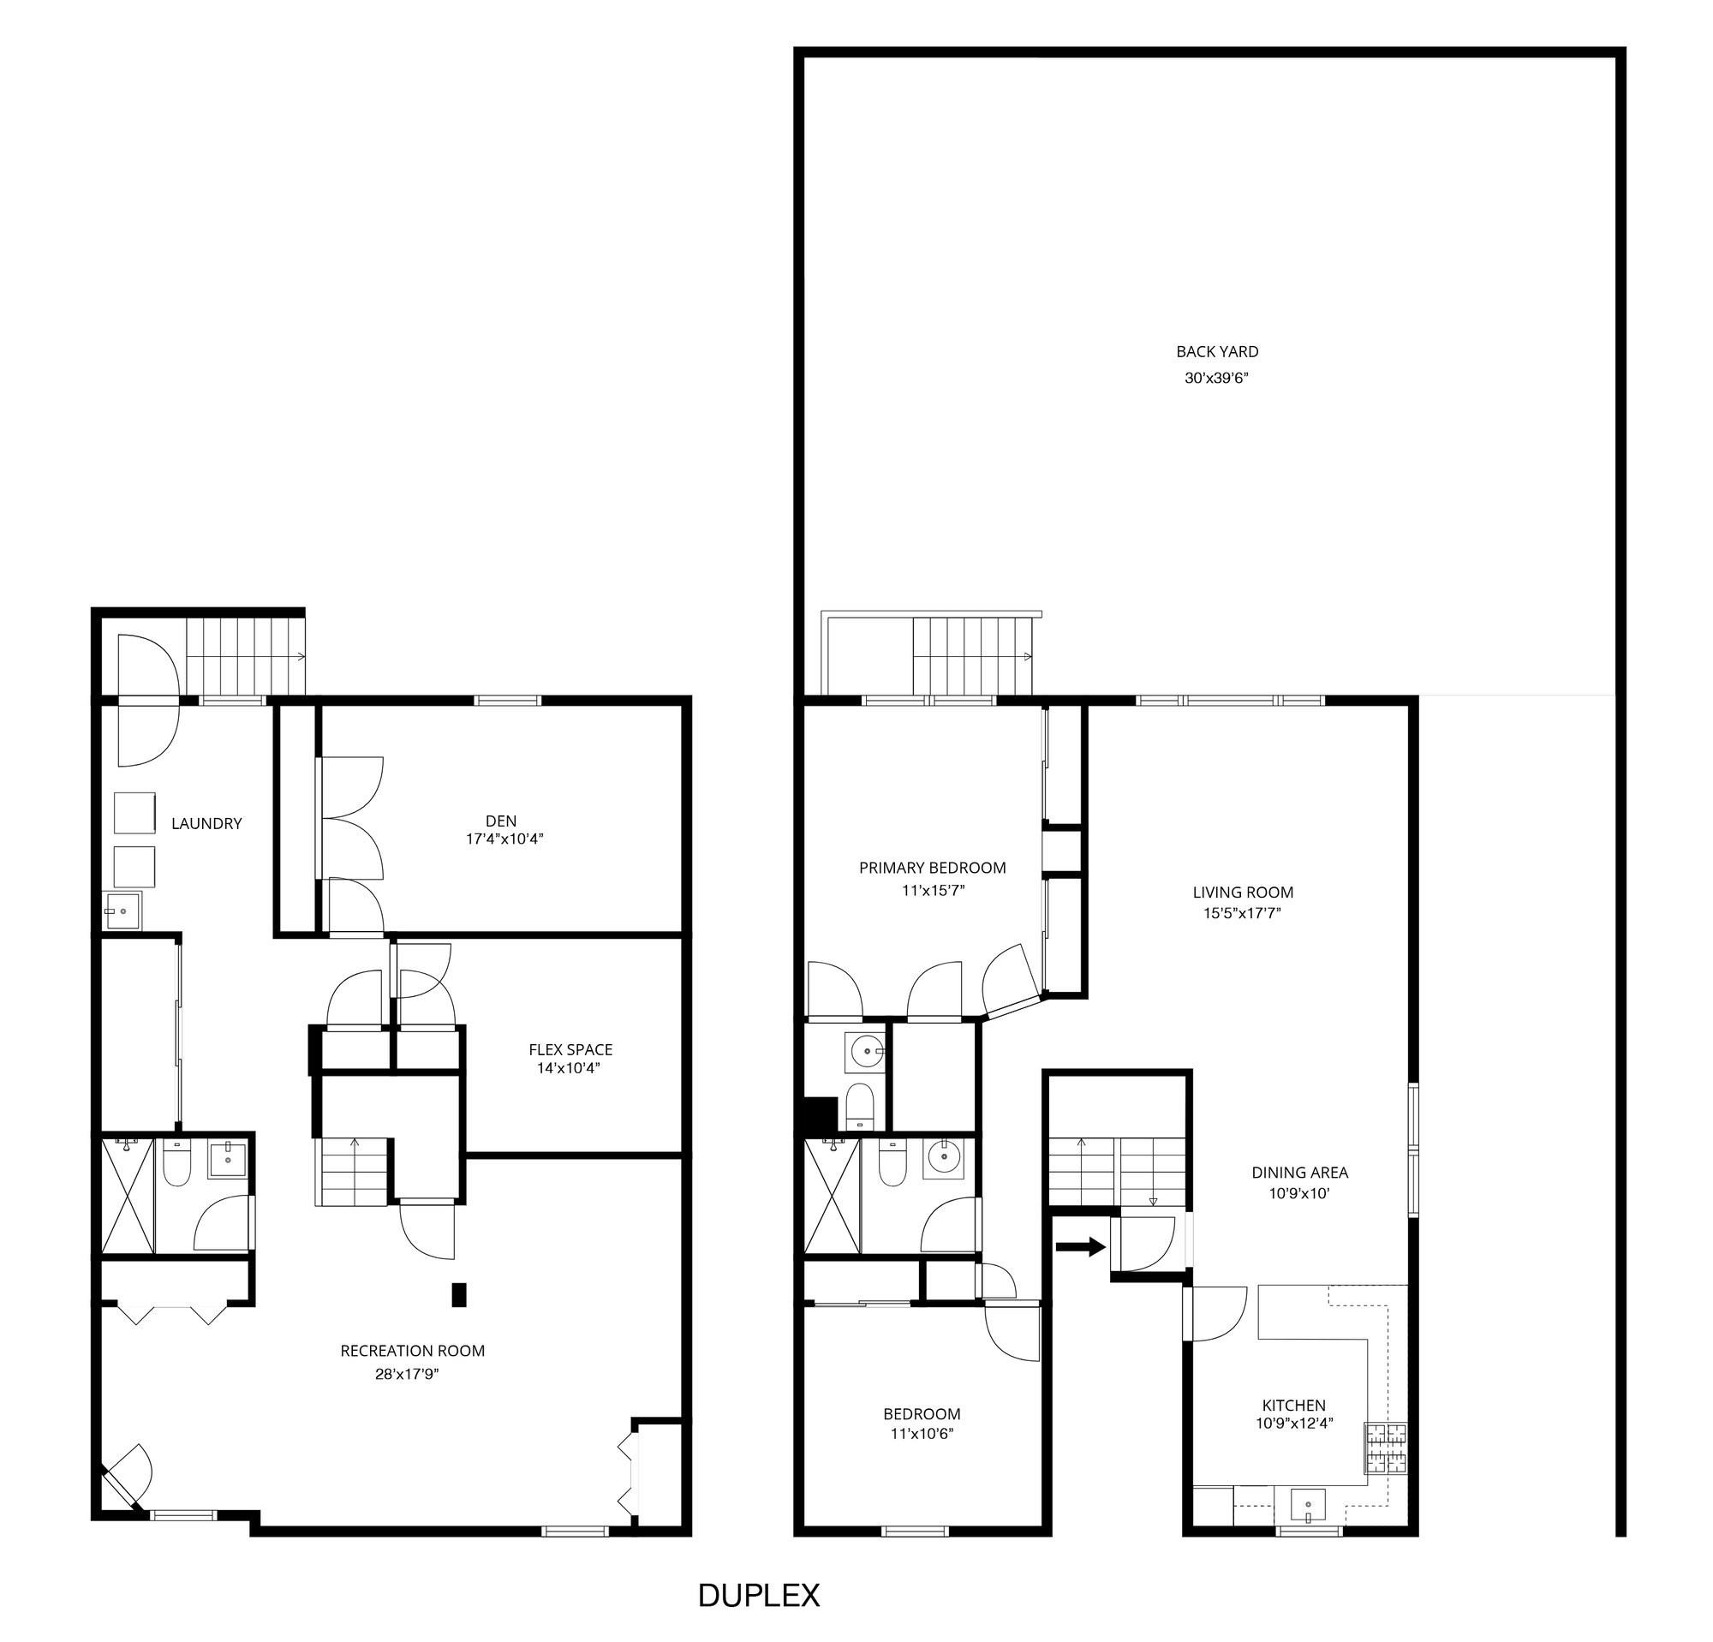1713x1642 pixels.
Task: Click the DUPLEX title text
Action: [x=759, y=1596]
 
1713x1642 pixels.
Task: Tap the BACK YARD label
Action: [x=1216, y=352]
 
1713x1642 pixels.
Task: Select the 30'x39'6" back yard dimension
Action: [x=1216, y=379]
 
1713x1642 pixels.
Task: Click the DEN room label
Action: [x=501, y=821]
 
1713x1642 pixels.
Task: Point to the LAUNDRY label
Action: [x=206, y=823]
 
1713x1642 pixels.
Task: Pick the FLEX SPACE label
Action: [x=570, y=1049]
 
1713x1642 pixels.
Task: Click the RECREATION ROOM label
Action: [x=413, y=1350]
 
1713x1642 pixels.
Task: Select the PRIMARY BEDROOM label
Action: [x=932, y=868]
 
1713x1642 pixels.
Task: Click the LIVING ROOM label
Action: [x=1242, y=893]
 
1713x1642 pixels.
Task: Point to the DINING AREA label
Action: [x=1299, y=1173]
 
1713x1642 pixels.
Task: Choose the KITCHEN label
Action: [x=1293, y=1406]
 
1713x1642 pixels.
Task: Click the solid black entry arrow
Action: [x=1080, y=1247]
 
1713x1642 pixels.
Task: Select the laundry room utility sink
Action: [x=123, y=911]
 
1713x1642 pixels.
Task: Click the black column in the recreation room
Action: [x=458, y=1294]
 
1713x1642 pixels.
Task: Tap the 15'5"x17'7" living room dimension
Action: [x=1242, y=914]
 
